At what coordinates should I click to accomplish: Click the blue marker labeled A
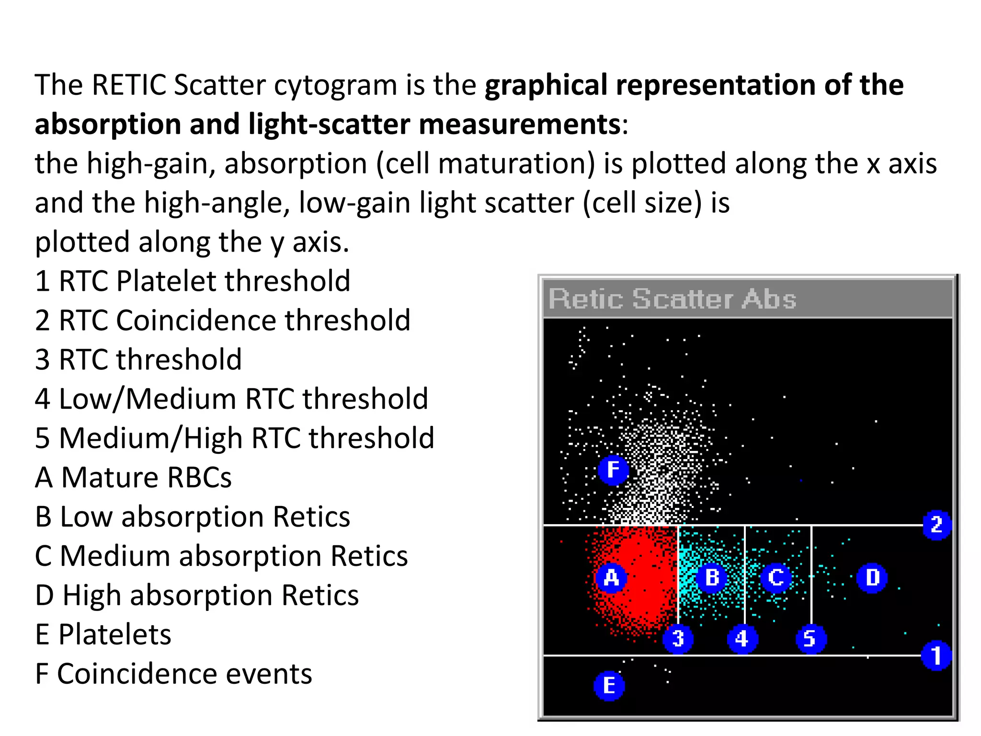(x=611, y=578)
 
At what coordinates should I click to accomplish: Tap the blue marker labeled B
(x=712, y=578)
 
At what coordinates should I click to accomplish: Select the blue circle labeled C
(x=776, y=578)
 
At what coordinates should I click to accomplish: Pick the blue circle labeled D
(x=872, y=578)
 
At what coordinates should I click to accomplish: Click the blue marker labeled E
(x=609, y=686)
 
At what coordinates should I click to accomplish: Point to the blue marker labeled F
(x=613, y=470)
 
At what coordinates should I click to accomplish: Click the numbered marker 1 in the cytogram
(x=936, y=655)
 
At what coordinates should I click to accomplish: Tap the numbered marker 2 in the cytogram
(x=936, y=525)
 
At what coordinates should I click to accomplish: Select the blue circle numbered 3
(x=677, y=639)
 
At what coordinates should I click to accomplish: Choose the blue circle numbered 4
(x=742, y=639)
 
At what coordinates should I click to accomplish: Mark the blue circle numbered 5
(x=810, y=639)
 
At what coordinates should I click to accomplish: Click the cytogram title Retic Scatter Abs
(x=672, y=299)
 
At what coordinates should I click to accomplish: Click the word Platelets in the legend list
(x=114, y=634)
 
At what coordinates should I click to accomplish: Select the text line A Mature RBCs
(x=133, y=477)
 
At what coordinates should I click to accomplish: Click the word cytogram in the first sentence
(x=335, y=85)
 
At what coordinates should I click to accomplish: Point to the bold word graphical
(x=546, y=85)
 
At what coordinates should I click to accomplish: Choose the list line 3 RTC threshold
(x=138, y=359)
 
